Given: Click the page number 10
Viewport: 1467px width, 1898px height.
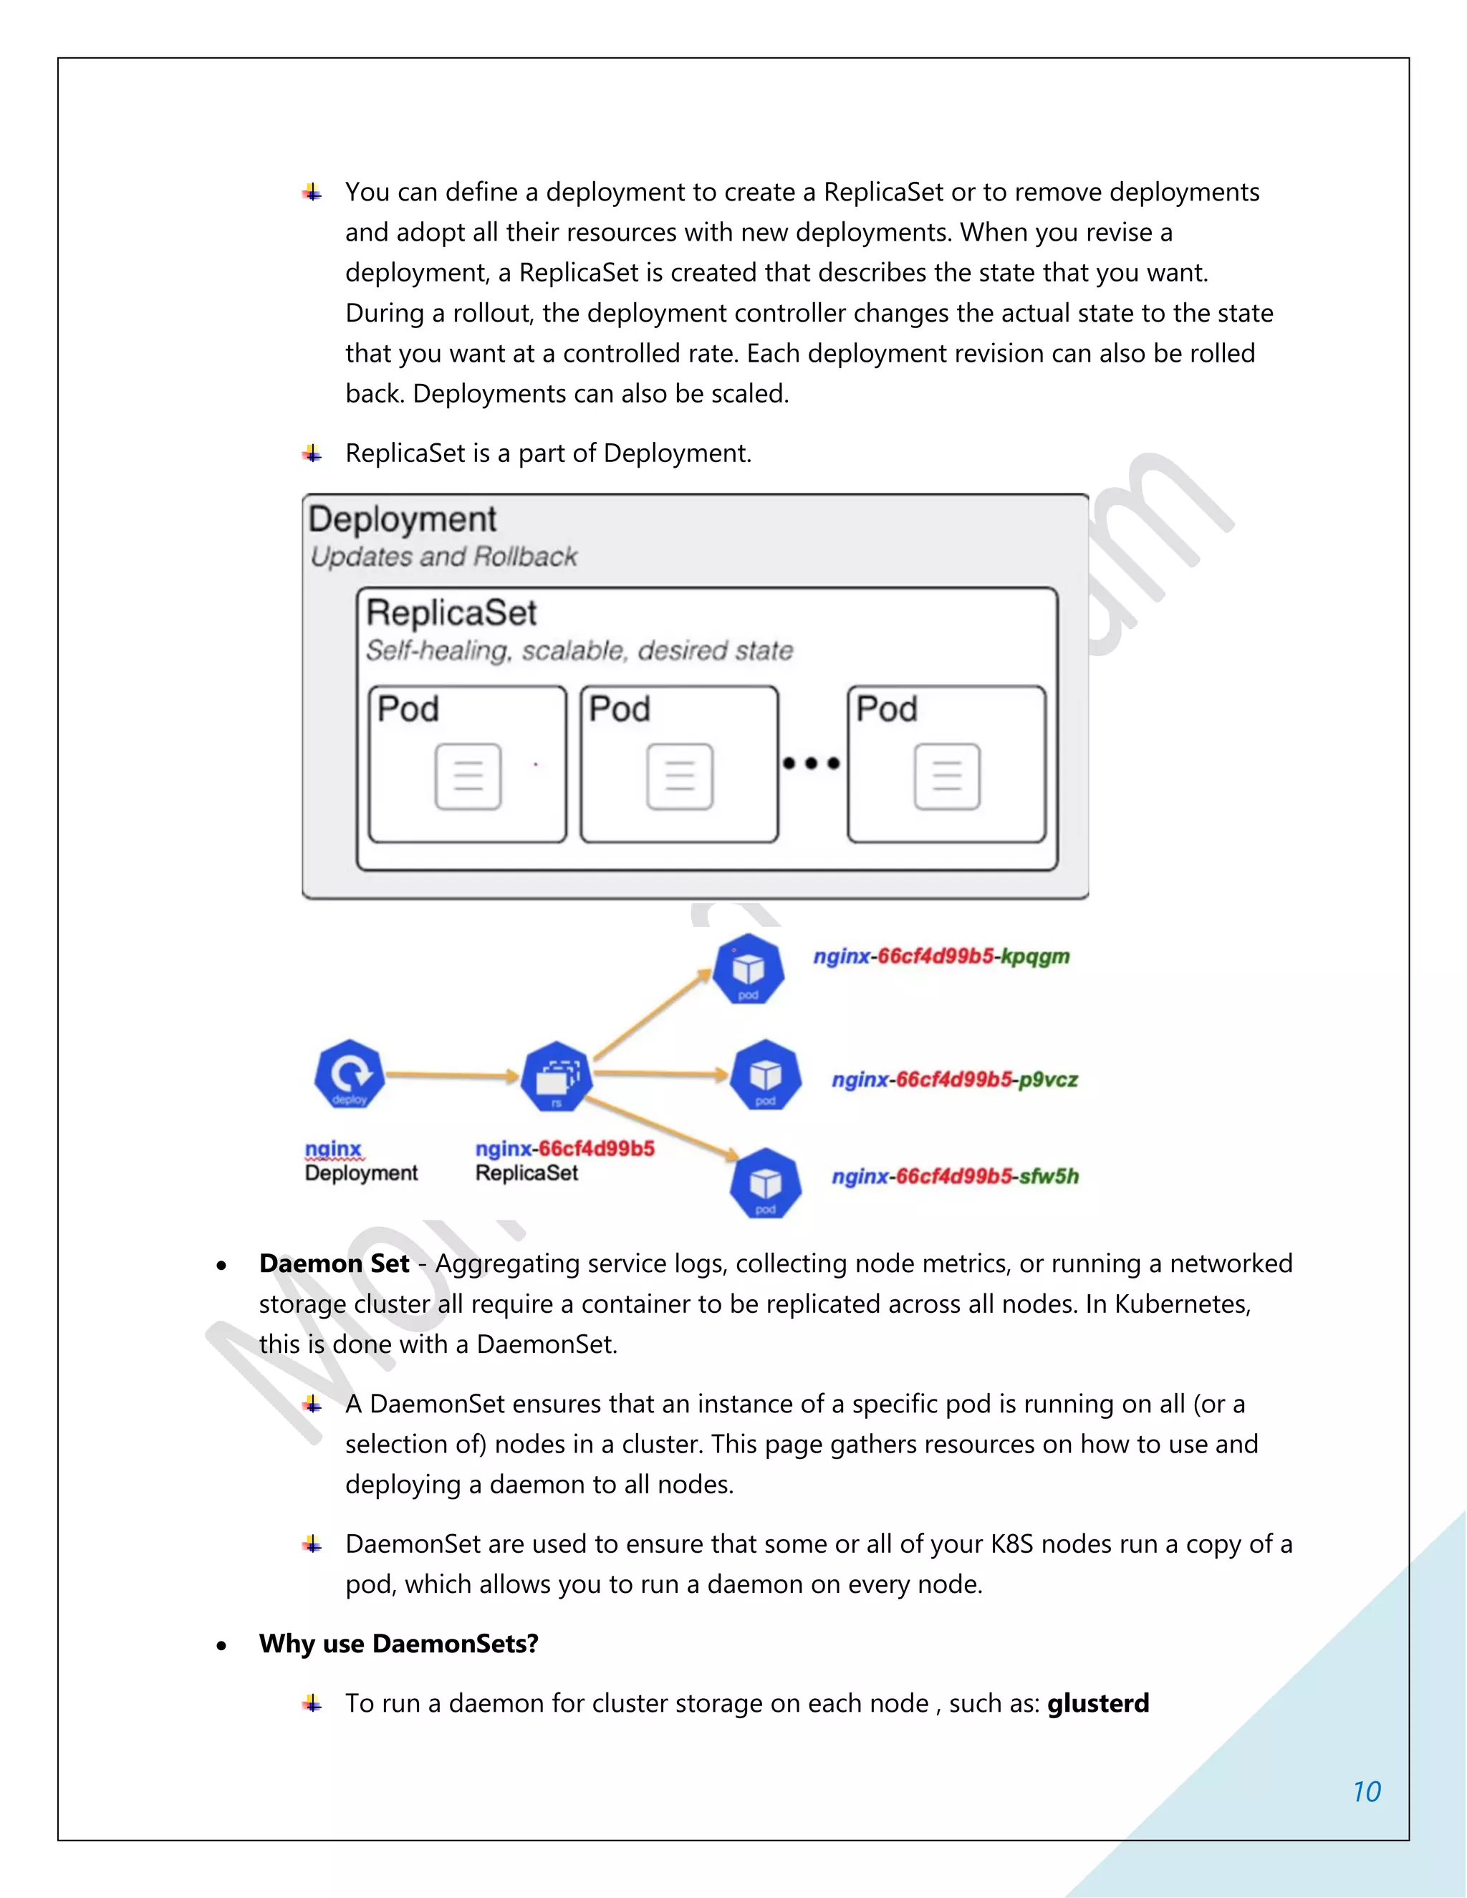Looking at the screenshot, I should [x=1366, y=1791].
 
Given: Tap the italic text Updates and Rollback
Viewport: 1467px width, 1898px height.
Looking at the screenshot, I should [x=443, y=557].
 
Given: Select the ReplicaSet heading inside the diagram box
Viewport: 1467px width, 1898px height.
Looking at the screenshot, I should [x=451, y=612].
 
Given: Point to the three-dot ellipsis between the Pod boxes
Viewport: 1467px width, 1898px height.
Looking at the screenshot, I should [x=811, y=763].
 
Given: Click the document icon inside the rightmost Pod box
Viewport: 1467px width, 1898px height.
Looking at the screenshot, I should [x=946, y=776].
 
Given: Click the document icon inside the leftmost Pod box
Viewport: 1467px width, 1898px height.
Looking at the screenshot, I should [x=468, y=776].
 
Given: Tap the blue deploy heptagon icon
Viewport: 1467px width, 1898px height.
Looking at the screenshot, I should [x=350, y=1074].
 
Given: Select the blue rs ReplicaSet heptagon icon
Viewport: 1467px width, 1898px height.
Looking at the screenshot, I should [x=556, y=1076].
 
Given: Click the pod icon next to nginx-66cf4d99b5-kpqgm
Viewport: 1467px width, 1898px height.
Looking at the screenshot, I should [x=749, y=969].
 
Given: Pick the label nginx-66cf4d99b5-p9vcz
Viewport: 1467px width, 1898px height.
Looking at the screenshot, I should [x=954, y=1079].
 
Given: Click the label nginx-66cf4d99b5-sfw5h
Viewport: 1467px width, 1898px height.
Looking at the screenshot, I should [x=954, y=1176].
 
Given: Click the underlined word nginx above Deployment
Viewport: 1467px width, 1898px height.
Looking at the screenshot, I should [x=333, y=1149].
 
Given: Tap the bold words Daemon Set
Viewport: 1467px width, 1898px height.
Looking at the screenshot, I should [x=334, y=1263].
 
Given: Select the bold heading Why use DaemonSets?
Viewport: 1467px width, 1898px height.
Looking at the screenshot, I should [x=398, y=1643].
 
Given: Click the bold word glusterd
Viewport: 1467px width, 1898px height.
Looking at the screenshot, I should [x=1097, y=1702].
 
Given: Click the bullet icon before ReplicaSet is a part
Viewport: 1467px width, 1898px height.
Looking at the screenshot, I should [x=313, y=453].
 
